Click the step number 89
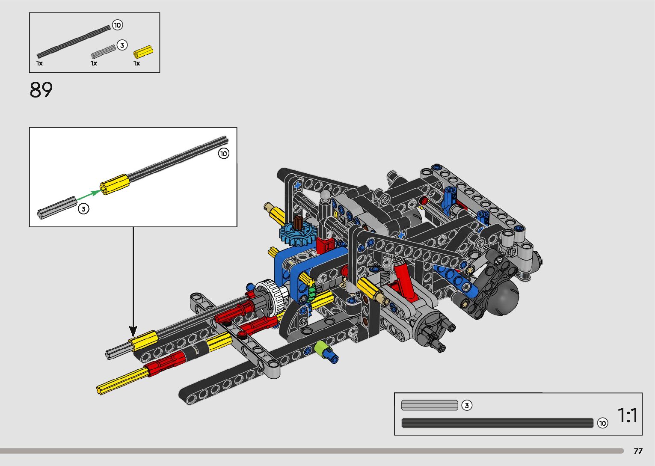41,90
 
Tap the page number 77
638,451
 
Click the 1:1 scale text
627,415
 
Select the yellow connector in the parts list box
143,53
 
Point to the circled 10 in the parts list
118,25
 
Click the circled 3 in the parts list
122,45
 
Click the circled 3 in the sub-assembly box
83,209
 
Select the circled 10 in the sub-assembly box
224,154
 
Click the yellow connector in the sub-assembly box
115,184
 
